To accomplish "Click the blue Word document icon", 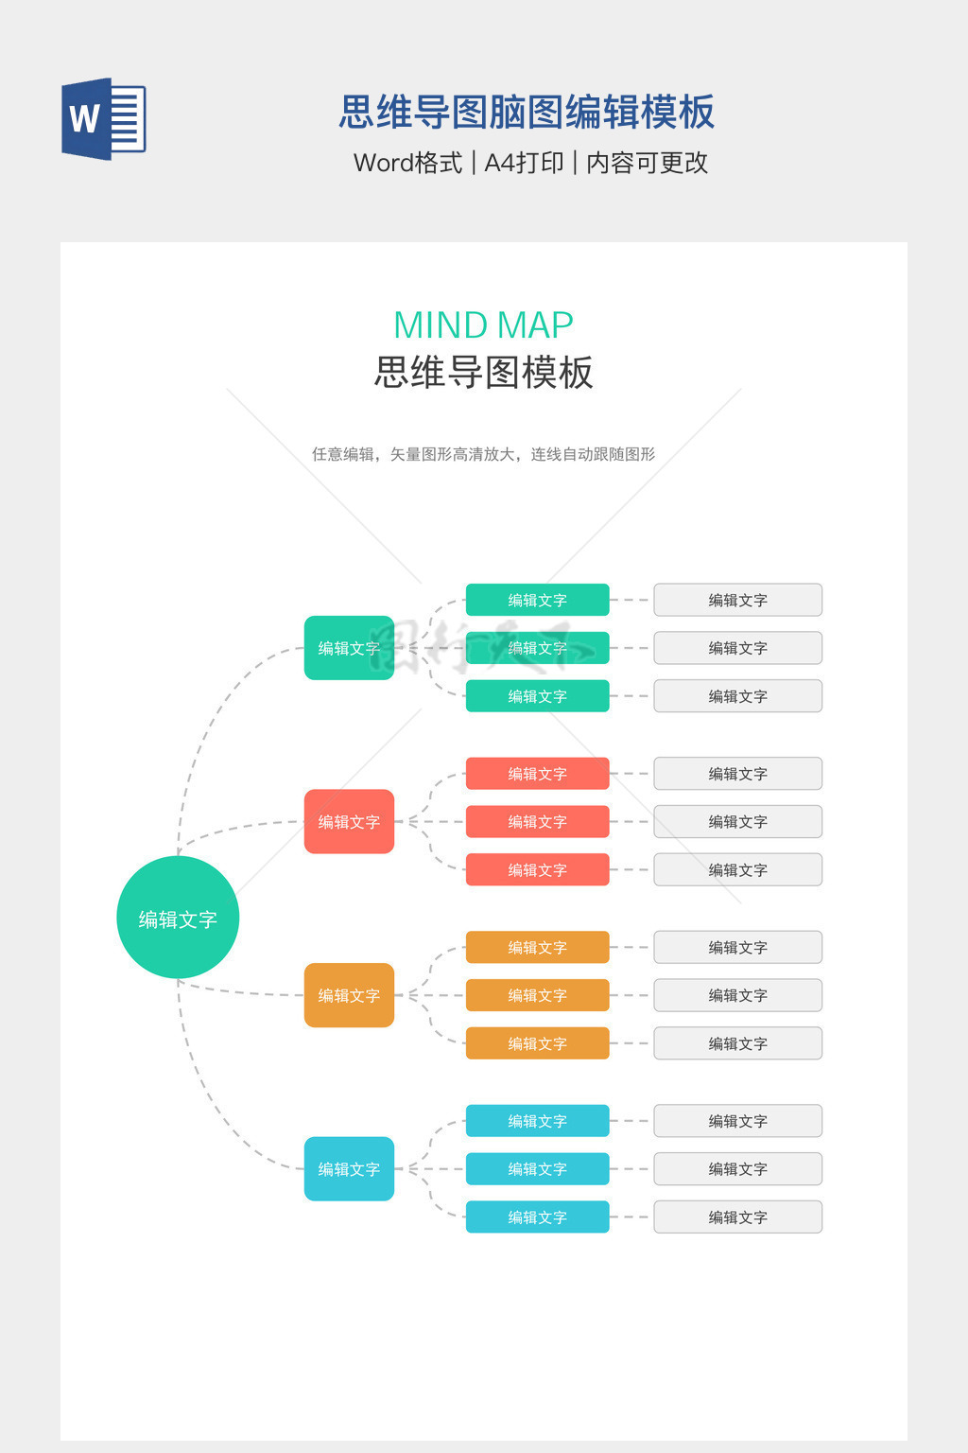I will [x=103, y=119].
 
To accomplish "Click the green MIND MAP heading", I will [x=483, y=325].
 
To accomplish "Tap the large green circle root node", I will [x=178, y=918].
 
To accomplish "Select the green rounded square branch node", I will [x=349, y=648].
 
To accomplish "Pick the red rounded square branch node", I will [x=349, y=821].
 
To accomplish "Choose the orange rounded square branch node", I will [x=349, y=995].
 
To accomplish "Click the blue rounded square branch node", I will [x=349, y=1168].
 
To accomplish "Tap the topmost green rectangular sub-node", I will [x=537, y=600].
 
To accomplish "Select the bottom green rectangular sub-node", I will [x=537, y=696].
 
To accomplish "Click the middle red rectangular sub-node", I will [x=537, y=821].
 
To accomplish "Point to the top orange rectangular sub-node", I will [x=537, y=947].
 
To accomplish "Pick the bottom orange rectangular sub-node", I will [x=537, y=1043].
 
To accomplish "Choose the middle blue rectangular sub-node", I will [x=537, y=1168].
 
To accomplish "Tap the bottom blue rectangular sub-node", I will [x=537, y=1217].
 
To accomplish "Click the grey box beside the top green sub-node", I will [x=737, y=600].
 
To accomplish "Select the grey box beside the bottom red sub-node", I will [x=737, y=869].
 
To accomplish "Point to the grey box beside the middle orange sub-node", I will [x=737, y=995].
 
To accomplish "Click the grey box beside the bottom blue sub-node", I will [x=737, y=1217].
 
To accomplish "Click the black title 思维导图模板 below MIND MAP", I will [x=483, y=372].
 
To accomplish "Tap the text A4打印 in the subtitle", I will [x=524, y=163].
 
